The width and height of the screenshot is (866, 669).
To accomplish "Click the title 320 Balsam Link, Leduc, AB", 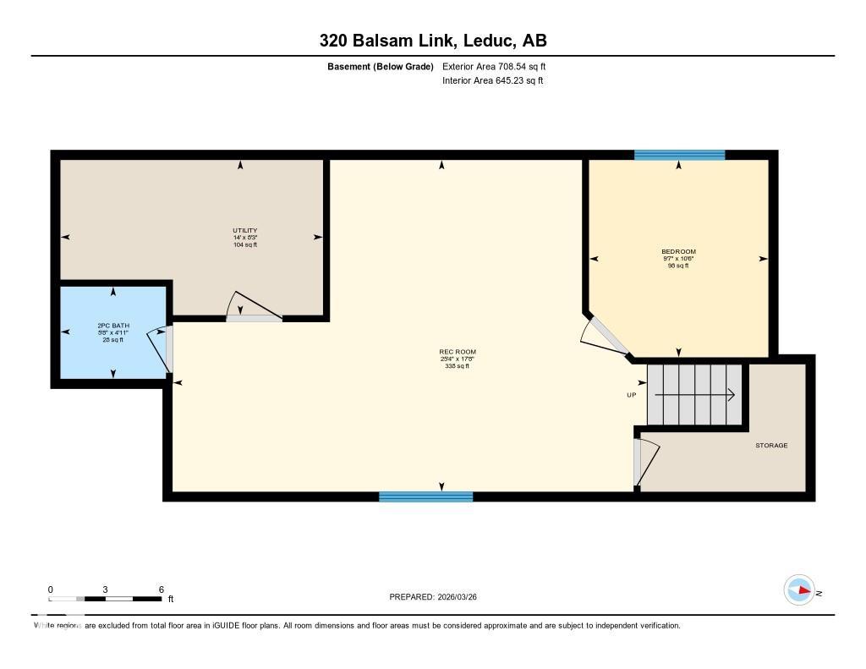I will pos(432,41).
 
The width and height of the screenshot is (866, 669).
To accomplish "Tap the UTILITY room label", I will pos(245,231).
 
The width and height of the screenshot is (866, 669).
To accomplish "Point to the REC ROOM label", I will pos(457,352).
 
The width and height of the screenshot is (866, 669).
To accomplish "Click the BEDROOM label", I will pos(678,251).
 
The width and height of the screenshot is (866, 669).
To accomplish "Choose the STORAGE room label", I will pos(771,445).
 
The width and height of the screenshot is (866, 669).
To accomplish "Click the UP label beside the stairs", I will pos(631,395).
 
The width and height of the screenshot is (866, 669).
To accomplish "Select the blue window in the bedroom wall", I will pos(680,155).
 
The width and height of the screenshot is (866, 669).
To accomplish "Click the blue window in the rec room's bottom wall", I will pos(425,496).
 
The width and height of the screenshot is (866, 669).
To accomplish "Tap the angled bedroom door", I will pos(606,337).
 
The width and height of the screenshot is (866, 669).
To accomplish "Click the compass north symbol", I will pos(799,589).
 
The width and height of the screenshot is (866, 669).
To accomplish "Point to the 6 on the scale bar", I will pos(161,589).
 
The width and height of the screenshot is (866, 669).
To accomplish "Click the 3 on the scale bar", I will pos(106,589).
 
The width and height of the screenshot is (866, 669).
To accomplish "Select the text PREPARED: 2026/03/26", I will pos(438,597).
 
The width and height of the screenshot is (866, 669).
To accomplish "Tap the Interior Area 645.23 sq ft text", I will pos(492,81).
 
